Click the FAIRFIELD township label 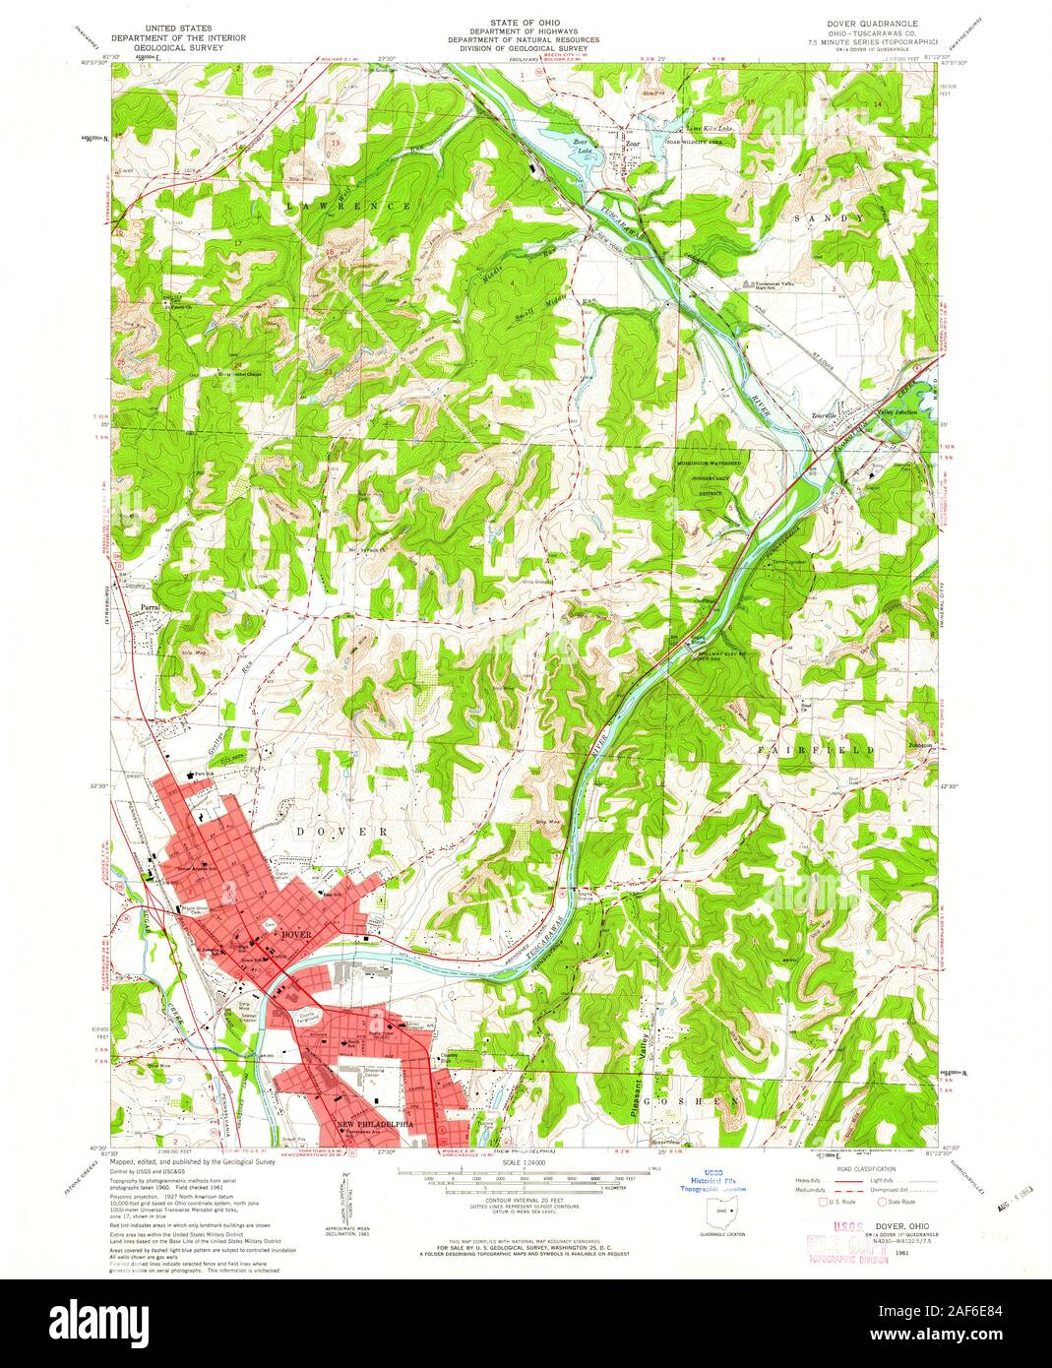[x=815, y=751]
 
